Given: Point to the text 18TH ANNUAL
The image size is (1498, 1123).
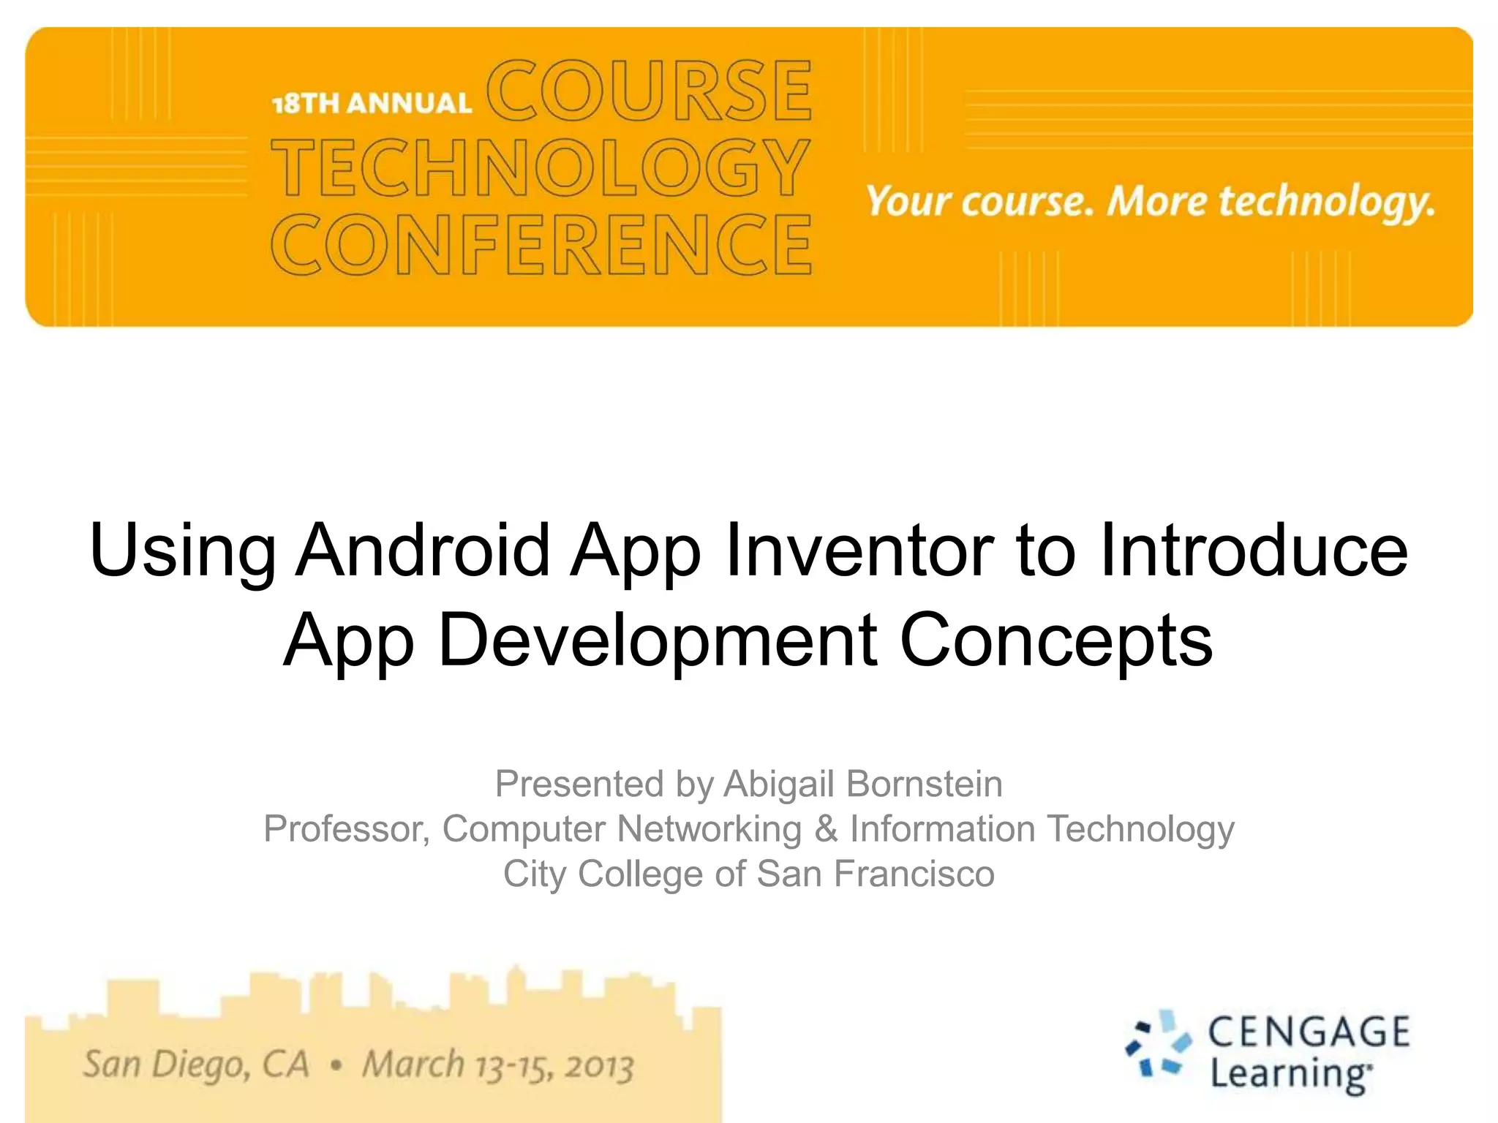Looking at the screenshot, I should (x=372, y=103).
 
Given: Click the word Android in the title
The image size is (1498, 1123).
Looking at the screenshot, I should (x=423, y=550).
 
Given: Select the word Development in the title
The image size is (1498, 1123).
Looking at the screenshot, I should (x=658, y=640).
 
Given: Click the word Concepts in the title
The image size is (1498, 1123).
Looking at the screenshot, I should (x=1056, y=640).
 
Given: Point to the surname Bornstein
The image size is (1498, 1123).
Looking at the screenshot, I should (x=924, y=784).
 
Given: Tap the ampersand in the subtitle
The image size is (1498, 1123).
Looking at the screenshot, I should (x=826, y=829).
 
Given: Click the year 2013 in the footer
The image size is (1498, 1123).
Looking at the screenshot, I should (x=598, y=1066).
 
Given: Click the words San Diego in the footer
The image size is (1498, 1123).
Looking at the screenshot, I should (x=165, y=1065).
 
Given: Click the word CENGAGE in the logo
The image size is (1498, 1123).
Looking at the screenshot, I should (x=1309, y=1032).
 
